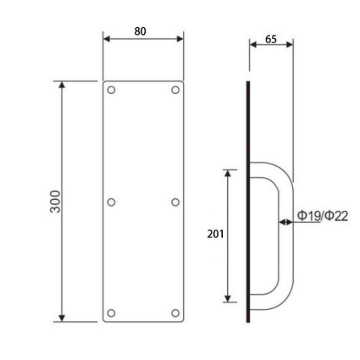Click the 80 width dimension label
pyautogui.click(x=144, y=32)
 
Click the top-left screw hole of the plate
pyautogui.click(x=112, y=91)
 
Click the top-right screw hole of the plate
pyautogui.click(x=176, y=91)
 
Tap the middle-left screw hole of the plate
pyautogui.click(x=112, y=201)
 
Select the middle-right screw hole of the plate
pyautogui.click(x=176, y=201)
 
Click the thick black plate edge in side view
pyautogui.click(x=247, y=200)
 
